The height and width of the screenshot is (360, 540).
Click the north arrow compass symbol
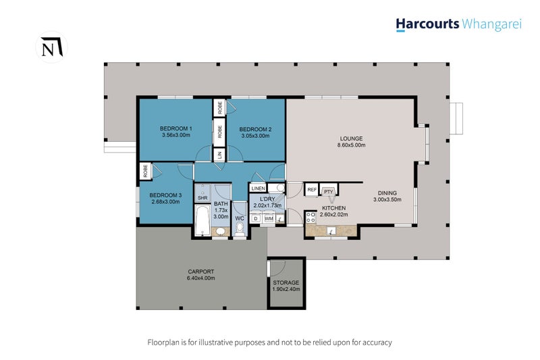[52, 47]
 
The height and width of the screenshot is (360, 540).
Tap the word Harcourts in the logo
[427, 24]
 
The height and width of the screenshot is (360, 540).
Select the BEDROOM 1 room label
[176, 128]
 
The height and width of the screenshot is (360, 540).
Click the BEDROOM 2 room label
[255, 129]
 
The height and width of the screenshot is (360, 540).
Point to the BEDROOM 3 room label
[165, 195]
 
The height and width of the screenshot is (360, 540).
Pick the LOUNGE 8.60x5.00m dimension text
[351, 145]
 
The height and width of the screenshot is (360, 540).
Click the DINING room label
[387, 193]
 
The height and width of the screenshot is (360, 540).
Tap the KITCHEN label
[333, 208]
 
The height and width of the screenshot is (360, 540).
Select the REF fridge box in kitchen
[312, 190]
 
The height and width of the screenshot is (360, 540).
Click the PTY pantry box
[329, 191]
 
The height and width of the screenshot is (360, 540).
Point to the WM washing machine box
[269, 218]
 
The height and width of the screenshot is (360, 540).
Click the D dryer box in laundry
[256, 218]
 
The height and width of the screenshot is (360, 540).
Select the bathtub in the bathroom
[202, 220]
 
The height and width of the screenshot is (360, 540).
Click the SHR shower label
[202, 198]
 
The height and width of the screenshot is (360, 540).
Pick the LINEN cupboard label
[258, 188]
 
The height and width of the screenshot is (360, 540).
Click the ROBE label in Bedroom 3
[145, 171]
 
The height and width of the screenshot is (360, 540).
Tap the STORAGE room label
[286, 283]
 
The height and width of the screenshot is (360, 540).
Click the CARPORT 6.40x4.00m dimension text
[200, 278]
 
